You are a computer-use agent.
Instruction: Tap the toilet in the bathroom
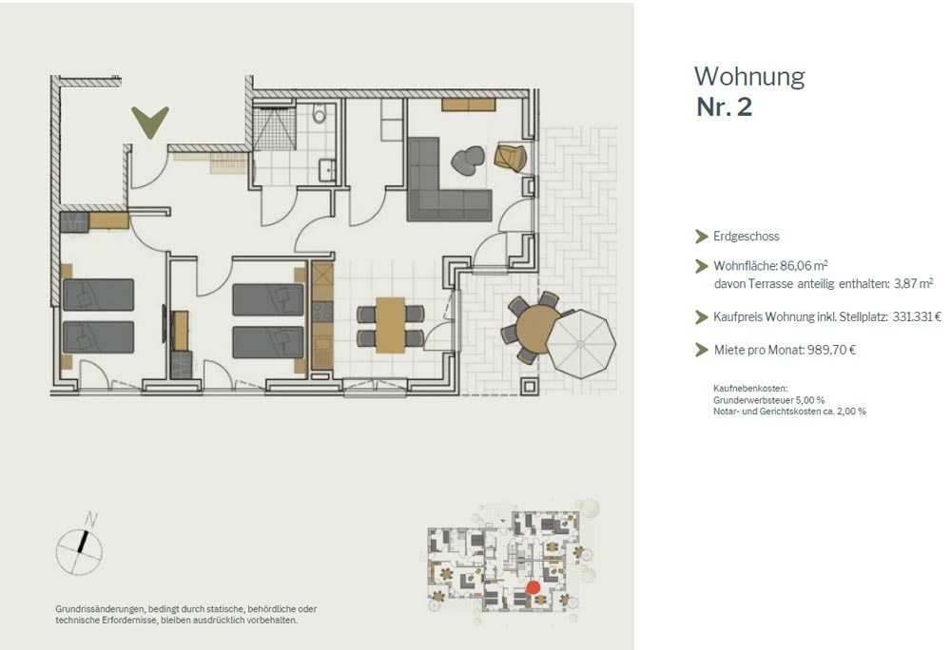tap(320, 113)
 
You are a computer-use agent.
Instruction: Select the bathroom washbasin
tap(327, 170)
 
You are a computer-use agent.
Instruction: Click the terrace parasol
tap(581, 344)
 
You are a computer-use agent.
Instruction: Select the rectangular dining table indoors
tap(390, 325)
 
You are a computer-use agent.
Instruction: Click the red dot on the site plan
tap(534, 587)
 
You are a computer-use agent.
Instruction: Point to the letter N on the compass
tap(91, 519)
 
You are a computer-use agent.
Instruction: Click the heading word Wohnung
tap(749, 77)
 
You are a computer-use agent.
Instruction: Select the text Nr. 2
tap(724, 107)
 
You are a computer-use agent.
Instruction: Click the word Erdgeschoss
tap(746, 237)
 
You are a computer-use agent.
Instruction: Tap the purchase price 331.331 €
tap(917, 316)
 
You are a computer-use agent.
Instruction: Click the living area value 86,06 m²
tap(804, 265)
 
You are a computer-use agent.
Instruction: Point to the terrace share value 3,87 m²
tap(913, 283)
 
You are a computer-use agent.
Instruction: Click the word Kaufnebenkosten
tap(750, 389)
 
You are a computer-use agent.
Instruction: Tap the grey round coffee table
tap(468, 162)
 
